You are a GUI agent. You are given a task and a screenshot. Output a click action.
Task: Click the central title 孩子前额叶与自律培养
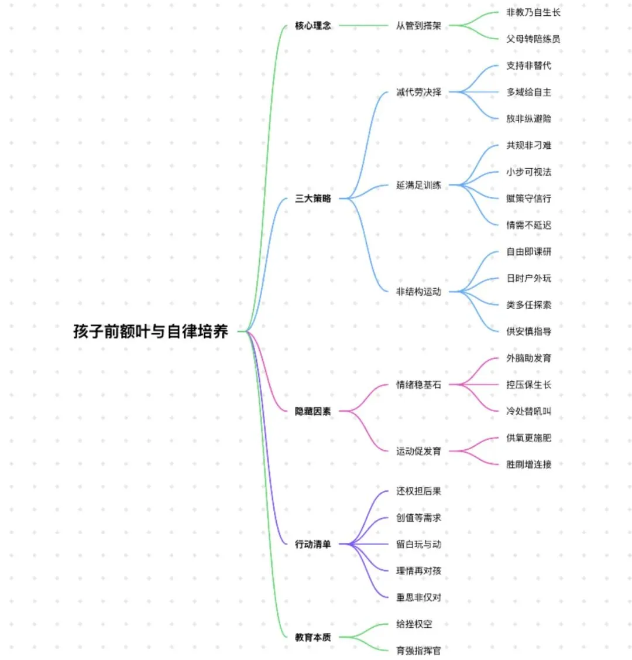[150, 331]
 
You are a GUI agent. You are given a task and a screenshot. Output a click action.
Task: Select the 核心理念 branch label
[312, 26]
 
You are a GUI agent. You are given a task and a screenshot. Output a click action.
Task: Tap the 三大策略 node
[312, 199]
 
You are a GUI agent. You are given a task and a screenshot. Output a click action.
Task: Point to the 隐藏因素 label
[312, 412]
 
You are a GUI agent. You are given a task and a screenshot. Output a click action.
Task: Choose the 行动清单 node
[312, 545]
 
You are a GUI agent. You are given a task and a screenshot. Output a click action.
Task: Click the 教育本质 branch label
[312, 637]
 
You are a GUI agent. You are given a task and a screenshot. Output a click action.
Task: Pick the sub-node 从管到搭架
[418, 26]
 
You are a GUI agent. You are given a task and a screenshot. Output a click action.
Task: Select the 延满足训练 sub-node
[418, 185]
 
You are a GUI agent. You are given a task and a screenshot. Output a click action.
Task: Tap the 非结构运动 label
[418, 292]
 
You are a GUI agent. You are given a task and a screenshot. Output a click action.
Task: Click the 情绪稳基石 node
[418, 385]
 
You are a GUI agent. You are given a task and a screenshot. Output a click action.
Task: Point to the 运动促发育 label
[418, 451]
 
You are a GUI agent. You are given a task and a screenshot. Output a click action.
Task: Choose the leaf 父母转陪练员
[533, 39]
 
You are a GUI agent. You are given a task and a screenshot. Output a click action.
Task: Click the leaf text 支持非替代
[528, 66]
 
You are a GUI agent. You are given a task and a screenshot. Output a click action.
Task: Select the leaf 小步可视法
[528, 172]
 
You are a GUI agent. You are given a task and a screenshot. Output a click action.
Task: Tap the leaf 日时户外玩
[528, 278]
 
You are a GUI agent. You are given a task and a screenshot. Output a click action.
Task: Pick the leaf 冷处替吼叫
[528, 411]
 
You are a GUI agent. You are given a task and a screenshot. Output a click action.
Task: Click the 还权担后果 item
[418, 491]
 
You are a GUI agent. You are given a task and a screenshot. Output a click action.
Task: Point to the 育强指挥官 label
[418, 651]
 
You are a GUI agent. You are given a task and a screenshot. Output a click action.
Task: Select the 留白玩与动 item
[418, 545]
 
